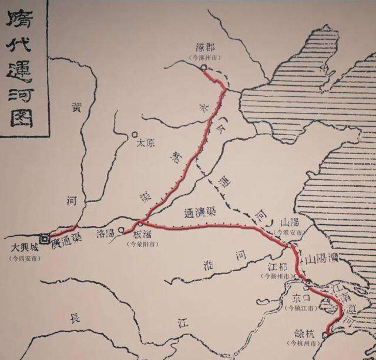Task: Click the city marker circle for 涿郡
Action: [204, 67]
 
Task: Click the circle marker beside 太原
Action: [135, 135]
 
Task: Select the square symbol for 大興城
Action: [44, 239]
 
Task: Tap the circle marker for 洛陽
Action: [121, 230]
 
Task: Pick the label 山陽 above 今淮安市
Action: [290, 222]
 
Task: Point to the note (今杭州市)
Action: [303, 343]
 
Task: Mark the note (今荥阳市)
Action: [143, 244]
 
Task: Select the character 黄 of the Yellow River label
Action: [76, 107]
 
